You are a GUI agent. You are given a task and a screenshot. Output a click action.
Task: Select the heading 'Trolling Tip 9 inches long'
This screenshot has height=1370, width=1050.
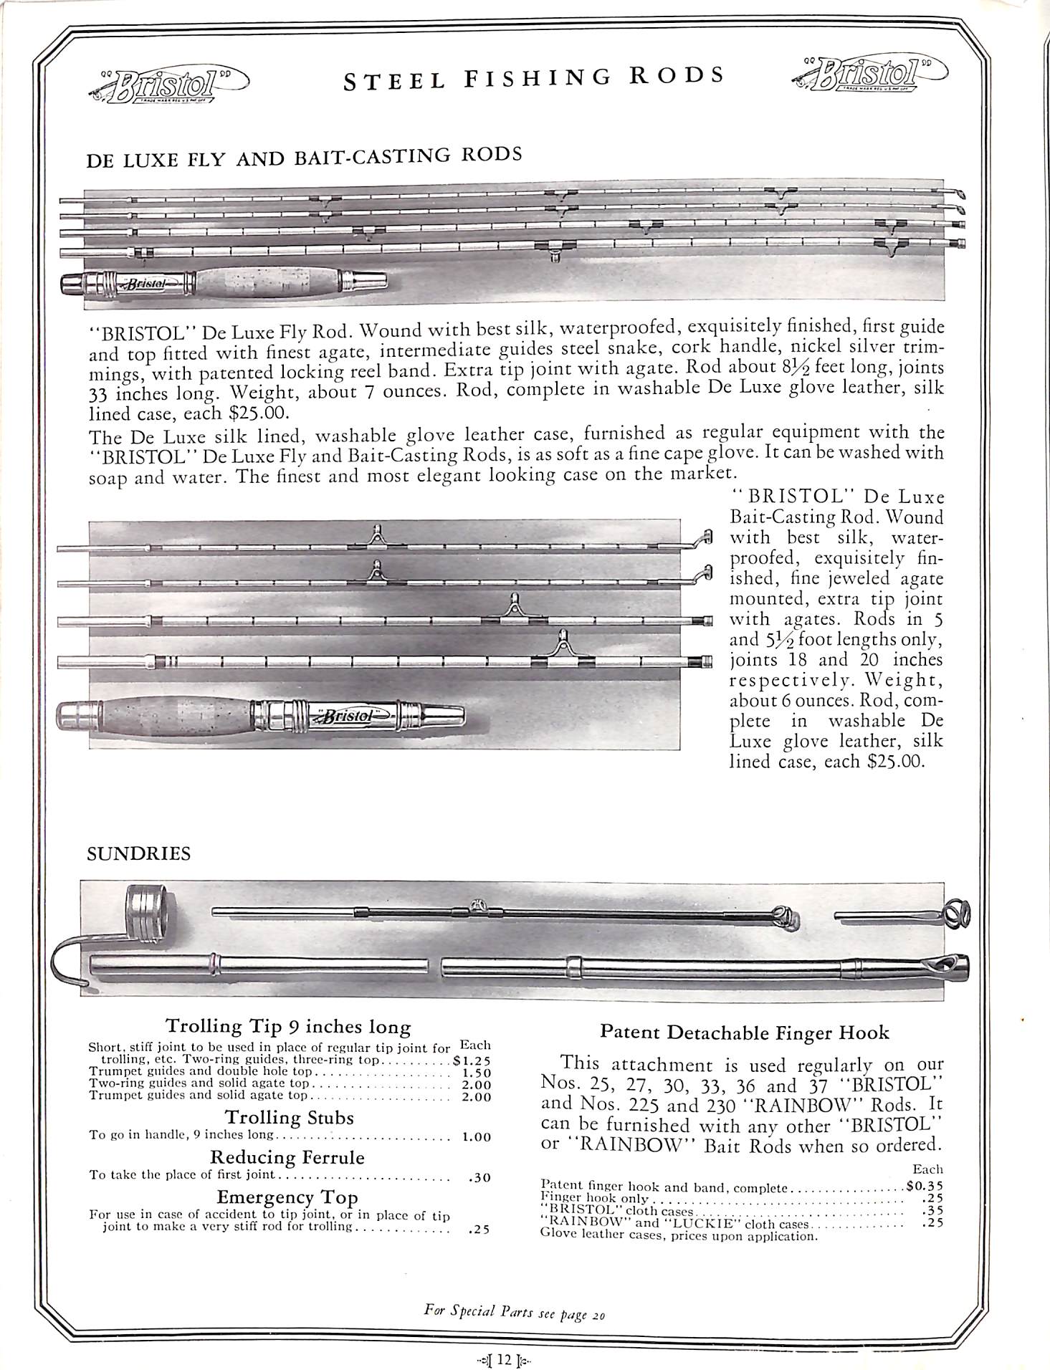tap(288, 1026)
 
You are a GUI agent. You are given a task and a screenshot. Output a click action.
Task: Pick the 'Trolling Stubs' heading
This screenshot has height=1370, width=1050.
tap(289, 1118)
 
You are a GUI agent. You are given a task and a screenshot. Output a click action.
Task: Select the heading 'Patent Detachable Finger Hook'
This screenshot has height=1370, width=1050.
tap(744, 1033)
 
